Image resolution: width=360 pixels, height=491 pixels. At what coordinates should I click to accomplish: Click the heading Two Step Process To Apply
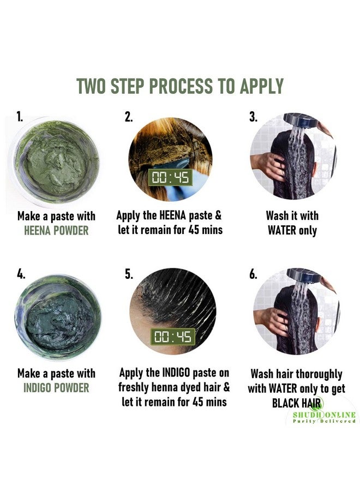(180, 86)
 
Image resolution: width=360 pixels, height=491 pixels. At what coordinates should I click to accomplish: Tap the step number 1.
(20, 117)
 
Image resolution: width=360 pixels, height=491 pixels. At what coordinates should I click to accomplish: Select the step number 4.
(21, 274)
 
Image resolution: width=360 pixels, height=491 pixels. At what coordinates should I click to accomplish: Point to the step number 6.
(253, 274)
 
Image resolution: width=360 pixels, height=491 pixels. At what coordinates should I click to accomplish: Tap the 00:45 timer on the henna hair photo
(170, 177)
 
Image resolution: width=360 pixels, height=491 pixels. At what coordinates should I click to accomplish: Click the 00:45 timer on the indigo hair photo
(173, 337)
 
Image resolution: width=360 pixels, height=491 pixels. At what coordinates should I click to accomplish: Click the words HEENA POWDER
(56, 231)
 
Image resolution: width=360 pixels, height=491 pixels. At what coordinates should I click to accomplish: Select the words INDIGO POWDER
(56, 388)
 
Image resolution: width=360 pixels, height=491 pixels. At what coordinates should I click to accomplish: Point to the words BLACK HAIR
(297, 403)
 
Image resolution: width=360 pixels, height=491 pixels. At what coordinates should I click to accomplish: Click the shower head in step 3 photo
(299, 121)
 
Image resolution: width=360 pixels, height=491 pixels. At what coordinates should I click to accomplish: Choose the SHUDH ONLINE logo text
(324, 415)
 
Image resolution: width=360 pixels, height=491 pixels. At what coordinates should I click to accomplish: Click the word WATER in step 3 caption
(282, 231)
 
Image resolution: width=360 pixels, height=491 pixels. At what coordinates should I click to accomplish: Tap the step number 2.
(128, 117)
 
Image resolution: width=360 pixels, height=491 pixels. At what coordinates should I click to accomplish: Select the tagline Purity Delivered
(324, 421)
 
